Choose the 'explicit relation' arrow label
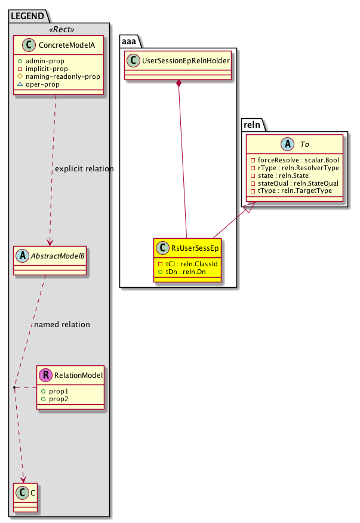pyautogui.click(x=84, y=169)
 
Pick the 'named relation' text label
pyautogui.click(x=62, y=325)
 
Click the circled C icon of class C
pyautogui.click(x=20, y=493)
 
